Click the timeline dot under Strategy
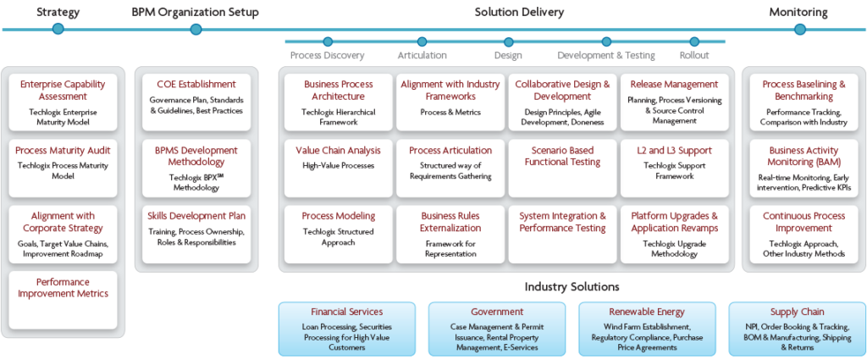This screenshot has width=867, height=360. point(58,29)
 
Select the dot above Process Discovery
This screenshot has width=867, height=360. point(328,42)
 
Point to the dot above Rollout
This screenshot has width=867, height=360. point(694,42)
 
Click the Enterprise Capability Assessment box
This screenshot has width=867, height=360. point(64,102)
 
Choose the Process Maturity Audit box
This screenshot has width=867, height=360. point(64,165)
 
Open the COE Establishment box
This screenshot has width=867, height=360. point(196,102)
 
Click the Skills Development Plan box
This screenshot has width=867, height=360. point(196,230)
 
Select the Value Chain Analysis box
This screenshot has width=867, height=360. point(338,165)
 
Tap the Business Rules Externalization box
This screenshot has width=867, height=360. point(450,230)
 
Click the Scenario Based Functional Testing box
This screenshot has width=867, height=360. point(562,165)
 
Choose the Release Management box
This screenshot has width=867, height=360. point(674,102)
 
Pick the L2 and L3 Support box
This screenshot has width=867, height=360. point(674,165)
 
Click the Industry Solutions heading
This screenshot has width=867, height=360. point(572,287)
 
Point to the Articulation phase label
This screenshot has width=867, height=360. point(422,56)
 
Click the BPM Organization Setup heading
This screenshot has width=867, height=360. point(196,12)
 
